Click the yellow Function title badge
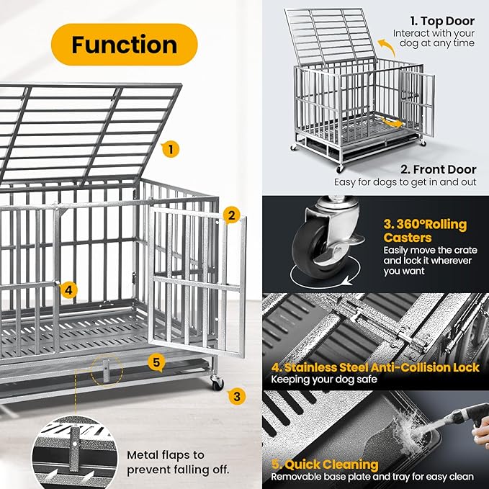pos(124,44)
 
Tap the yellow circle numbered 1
pos(170,150)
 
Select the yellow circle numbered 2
pos(230,215)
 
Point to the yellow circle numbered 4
pos(68,290)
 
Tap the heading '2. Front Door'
pos(437,170)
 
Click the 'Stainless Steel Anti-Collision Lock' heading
pos(374,367)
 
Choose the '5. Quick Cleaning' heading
pos(325,465)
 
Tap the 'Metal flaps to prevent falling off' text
pos(178,462)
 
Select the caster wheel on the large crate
pos(217,383)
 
